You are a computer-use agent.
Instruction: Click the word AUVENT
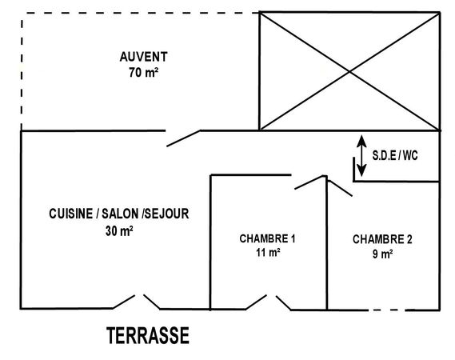point(144,57)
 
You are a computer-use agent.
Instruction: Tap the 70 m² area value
point(144,73)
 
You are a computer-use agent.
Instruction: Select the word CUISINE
point(70,214)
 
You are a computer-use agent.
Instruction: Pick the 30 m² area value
point(119,231)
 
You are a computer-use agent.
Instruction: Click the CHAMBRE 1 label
point(268,238)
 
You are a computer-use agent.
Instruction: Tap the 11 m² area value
point(268,253)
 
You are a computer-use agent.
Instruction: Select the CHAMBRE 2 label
point(382,239)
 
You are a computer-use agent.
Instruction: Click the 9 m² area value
point(383,254)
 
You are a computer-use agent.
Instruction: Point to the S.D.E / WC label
point(395,156)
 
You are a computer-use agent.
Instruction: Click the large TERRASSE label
point(148,335)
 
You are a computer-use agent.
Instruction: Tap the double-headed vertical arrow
point(361,156)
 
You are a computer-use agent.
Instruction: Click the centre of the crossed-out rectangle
point(349,71)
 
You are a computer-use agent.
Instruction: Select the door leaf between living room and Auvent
point(183,138)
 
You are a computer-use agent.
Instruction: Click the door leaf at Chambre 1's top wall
point(309,182)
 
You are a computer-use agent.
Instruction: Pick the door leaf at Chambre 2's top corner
point(340,188)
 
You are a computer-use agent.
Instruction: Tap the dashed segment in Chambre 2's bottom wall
point(386,310)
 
